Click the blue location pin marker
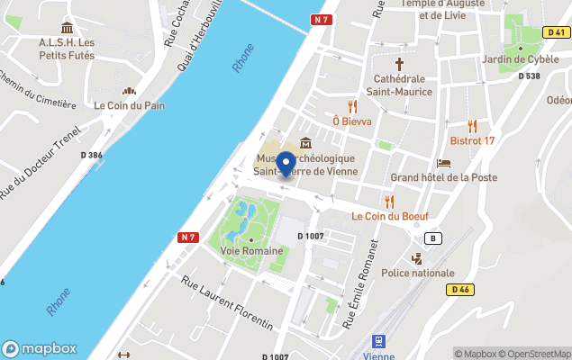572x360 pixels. point(286,165)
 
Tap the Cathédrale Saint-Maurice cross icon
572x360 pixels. point(400,65)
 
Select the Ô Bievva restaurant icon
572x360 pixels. point(352,106)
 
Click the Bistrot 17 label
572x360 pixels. point(472,140)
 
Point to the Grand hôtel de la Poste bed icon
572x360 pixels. point(444,163)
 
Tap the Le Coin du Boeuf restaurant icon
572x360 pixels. point(390,202)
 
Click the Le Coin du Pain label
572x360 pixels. point(130,104)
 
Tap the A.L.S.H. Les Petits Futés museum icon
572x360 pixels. point(67,28)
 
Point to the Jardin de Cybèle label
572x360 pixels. point(521,59)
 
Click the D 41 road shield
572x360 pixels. point(555,32)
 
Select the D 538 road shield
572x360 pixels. point(529,76)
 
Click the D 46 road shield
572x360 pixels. point(459,289)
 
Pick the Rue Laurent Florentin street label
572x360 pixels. point(227,302)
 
